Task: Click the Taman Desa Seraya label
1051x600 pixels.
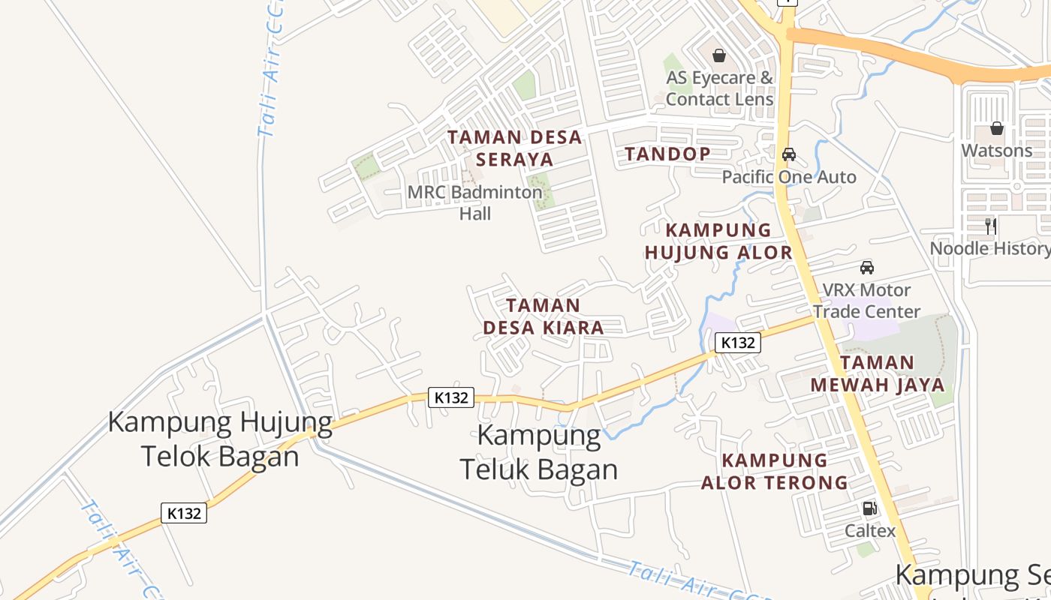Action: tap(515, 148)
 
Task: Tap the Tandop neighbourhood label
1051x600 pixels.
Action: tap(668, 154)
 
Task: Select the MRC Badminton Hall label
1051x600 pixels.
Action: tap(474, 202)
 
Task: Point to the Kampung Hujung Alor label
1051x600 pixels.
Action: tap(718, 241)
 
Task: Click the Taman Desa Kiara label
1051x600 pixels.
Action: tap(544, 316)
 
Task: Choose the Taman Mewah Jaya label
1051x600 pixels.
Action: tap(877, 373)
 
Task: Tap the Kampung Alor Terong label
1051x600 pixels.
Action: tap(775, 471)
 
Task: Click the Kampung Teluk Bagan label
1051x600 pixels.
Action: tap(539, 452)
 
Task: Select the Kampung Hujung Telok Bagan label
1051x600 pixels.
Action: tap(221, 439)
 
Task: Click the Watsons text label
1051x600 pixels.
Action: tap(997, 151)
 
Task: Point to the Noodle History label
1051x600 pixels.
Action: tap(990, 248)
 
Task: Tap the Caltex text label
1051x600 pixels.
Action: tap(870, 531)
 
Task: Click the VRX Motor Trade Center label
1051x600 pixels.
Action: tap(867, 300)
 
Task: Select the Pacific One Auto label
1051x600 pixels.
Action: tap(789, 177)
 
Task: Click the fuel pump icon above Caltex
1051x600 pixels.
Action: tap(869, 508)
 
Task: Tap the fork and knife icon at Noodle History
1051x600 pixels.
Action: tap(991, 226)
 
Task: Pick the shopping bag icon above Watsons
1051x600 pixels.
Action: tap(997, 128)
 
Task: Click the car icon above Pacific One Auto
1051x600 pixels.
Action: tap(789, 154)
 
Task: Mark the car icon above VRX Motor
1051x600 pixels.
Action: tap(867, 267)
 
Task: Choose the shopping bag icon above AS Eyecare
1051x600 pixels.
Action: tap(719, 55)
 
